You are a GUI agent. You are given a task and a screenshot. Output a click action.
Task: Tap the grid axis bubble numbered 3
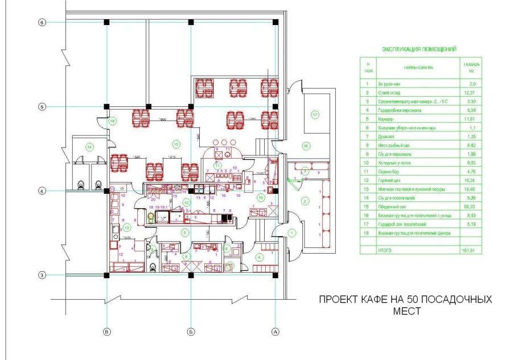click(41, 275)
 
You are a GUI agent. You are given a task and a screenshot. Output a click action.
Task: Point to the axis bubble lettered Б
click(191, 330)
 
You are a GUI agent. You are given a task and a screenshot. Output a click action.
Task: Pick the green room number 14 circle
click(89, 147)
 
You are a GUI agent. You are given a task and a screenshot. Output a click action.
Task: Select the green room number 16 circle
click(305, 146)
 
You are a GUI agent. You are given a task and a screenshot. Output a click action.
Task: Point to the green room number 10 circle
click(260, 197)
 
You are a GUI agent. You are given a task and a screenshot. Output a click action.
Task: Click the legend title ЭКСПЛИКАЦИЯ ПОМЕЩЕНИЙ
click(419, 49)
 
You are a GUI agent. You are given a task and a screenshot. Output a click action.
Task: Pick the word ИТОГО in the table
click(385, 249)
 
